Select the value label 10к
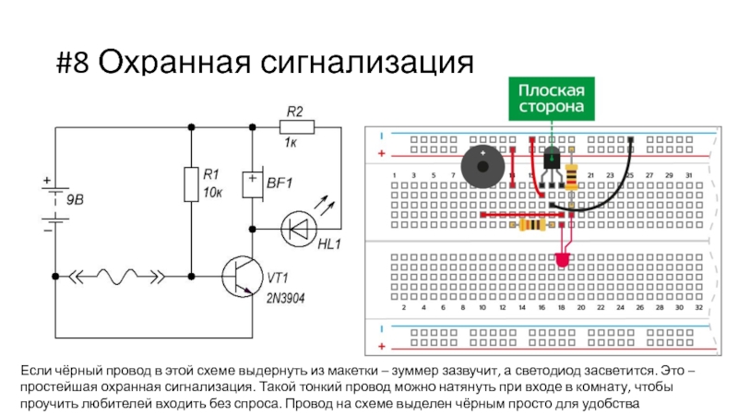coord(213,194)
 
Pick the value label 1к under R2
coord(290,144)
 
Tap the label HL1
coord(329,243)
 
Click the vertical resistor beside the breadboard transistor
coord(572,175)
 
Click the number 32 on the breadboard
coord(698,308)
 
